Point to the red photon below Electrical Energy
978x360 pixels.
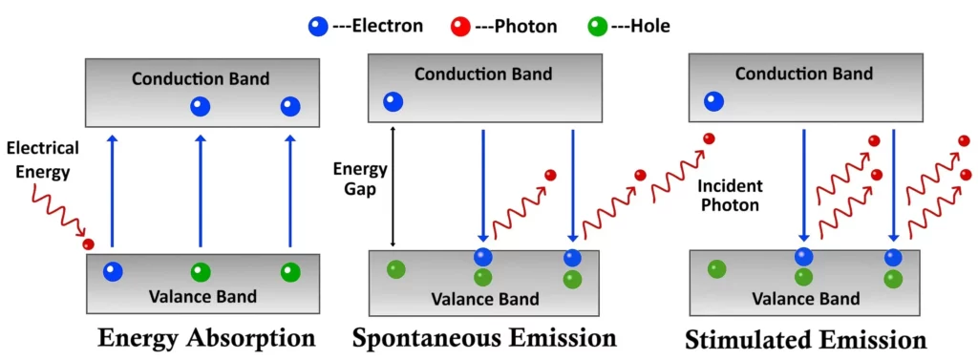click(89, 244)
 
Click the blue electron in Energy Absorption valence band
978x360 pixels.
click(114, 272)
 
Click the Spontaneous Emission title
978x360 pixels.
click(484, 338)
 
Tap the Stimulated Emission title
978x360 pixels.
click(805, 340)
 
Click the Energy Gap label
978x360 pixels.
click(360, 179)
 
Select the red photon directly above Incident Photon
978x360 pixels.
click(708, 139)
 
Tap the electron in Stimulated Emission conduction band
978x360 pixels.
click(713, 101)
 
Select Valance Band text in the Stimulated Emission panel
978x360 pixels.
click(805, 299)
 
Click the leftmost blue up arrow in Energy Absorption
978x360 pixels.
click(113, 191)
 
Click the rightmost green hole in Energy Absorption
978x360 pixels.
click(290, 272)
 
